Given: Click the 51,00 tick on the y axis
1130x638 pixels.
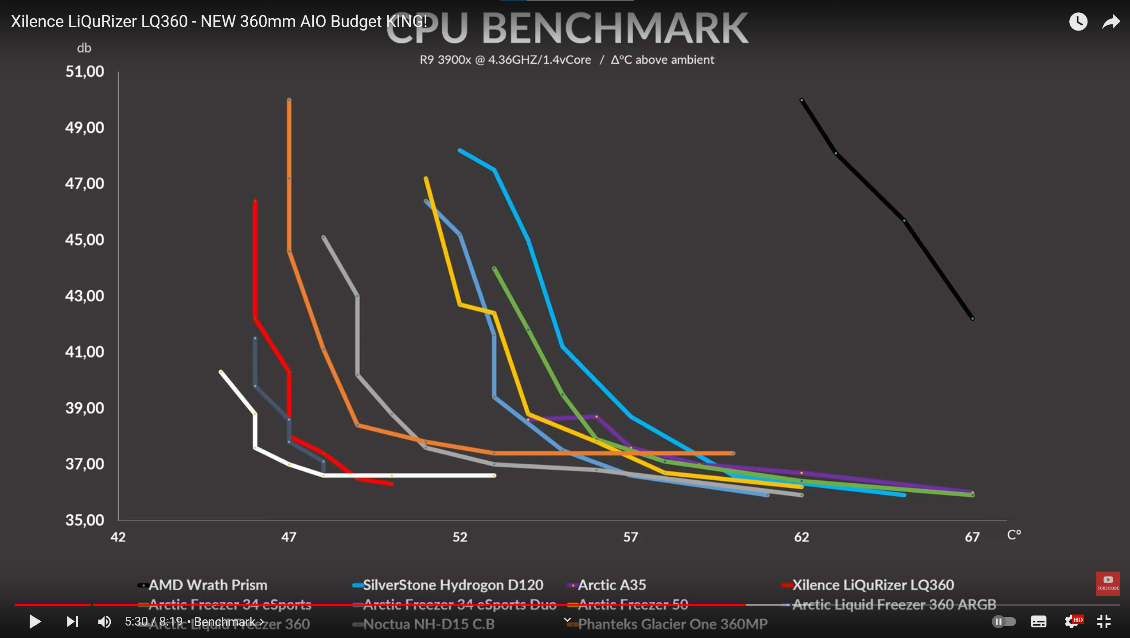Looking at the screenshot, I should point(85,71).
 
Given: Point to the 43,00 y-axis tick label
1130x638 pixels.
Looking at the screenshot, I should point(85,296).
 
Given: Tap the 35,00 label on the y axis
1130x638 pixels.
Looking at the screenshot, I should point(85,520).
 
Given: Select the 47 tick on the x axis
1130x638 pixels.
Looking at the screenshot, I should point(289,537).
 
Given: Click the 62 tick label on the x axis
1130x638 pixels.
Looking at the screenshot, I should point(801,537).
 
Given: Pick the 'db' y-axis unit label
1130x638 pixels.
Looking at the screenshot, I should point(84,48).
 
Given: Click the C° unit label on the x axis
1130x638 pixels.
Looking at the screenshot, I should point(1014,535).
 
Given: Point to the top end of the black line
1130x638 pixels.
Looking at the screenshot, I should point(802,101).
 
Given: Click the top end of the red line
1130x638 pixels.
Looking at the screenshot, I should point(255,202).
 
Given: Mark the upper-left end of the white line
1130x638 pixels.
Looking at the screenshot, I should point(221,372).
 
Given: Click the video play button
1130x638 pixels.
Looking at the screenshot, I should point(35,622).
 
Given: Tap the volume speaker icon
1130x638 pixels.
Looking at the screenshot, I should point(105,622).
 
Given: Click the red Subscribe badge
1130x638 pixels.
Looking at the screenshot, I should point(1108,584).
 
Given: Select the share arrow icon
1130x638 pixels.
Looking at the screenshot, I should point(1111,22).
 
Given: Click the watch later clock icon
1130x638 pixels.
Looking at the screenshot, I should point(1078,22).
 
